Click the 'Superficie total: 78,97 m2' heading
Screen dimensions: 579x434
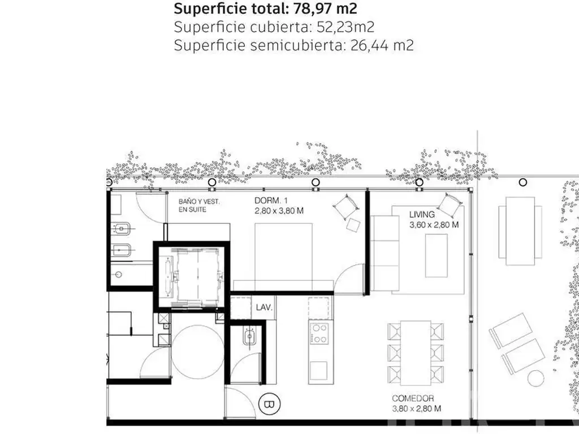pos(266,8)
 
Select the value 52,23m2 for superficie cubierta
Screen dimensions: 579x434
pos(345,27)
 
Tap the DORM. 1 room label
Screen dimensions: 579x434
pos(271,201)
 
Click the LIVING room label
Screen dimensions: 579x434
pos(422,214)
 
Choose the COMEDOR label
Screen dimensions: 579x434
pos(413,398)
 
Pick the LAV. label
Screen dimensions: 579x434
pos(264,307)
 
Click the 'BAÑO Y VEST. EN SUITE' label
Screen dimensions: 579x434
pos(198,206)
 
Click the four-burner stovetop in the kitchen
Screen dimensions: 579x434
pos(319,333)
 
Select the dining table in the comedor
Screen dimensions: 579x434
pos(416,353)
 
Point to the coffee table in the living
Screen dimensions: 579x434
pos(436,255)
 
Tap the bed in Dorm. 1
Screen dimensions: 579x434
pos(284,257)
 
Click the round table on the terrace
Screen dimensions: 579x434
pos(535,378)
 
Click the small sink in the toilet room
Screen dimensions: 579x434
pos(249,337)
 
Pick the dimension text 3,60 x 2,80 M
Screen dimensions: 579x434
pos(434,225)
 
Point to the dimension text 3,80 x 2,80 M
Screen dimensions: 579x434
pos(417,409)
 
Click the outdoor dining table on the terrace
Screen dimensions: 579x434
pos(520,231)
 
